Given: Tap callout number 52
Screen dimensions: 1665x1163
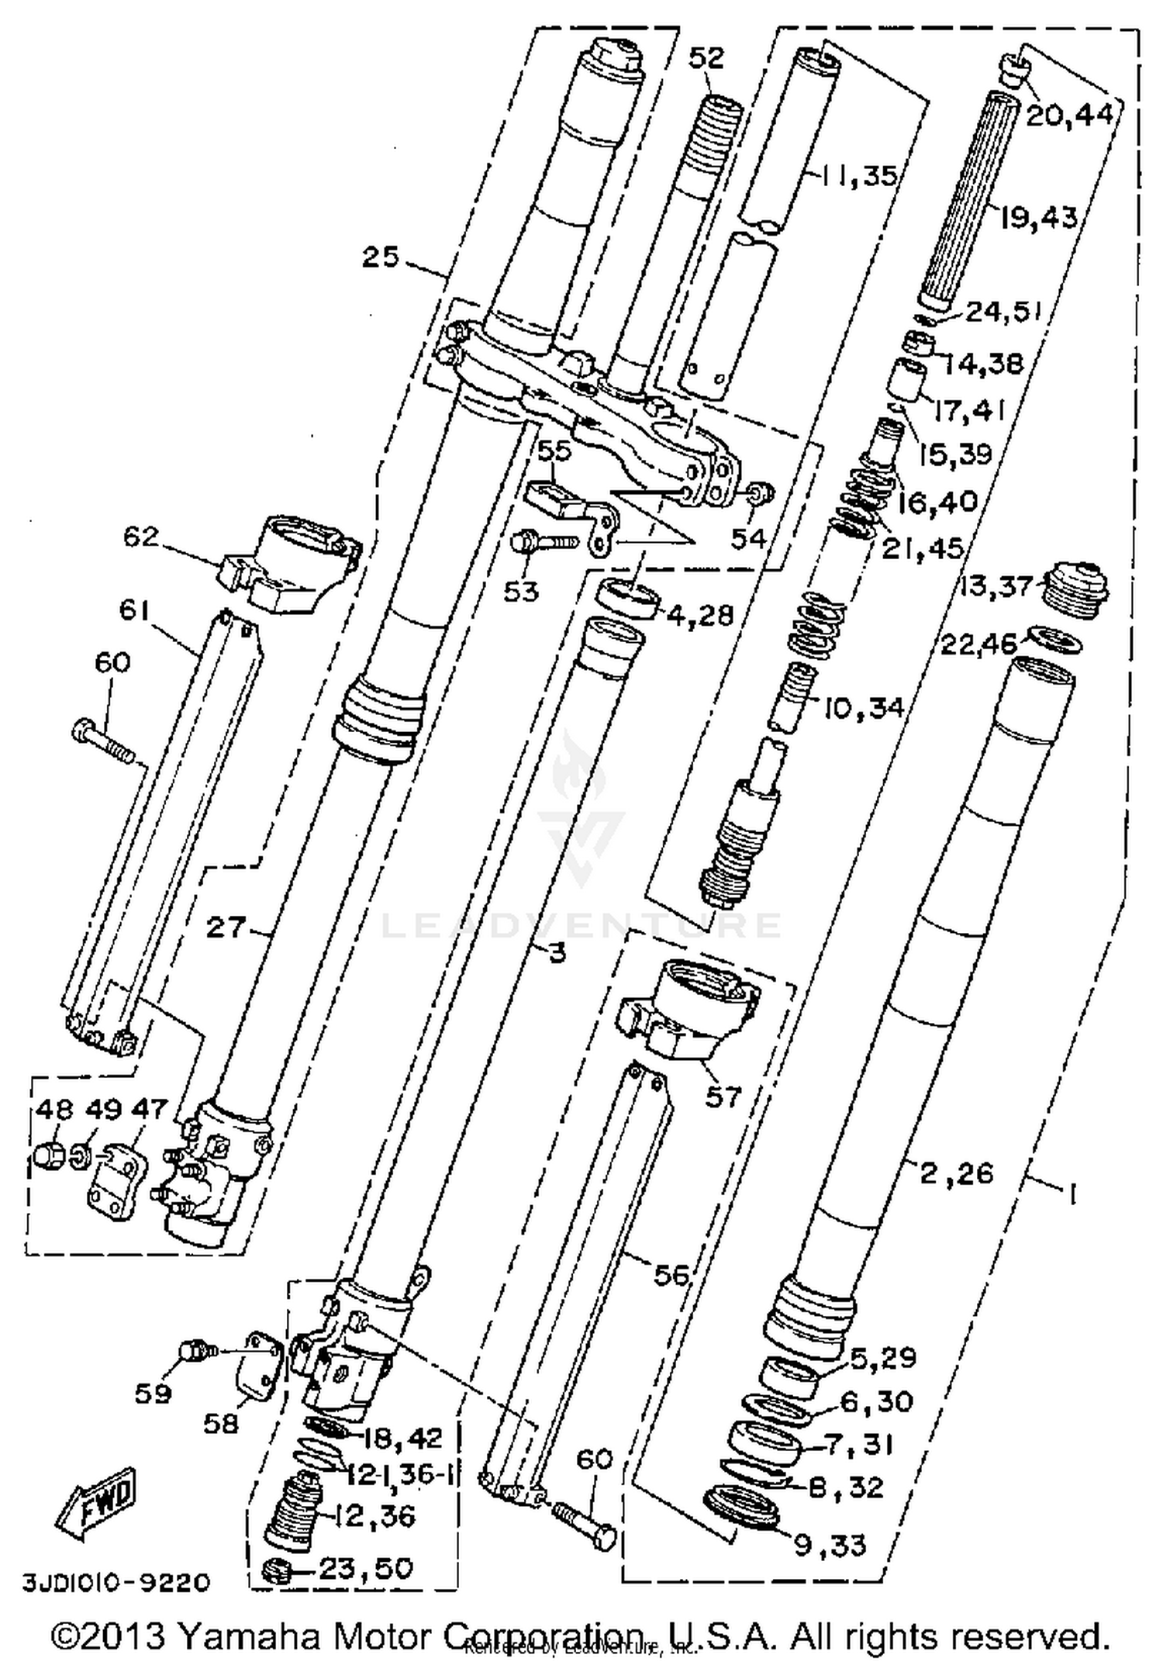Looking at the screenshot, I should (706, 58).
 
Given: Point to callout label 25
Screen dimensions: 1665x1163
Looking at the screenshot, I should (381, 257).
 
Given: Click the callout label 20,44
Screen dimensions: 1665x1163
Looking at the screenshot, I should (1070, 116).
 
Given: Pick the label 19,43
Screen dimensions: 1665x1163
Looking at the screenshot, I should (1039, 218).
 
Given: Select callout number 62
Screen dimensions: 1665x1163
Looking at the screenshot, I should (140, 536).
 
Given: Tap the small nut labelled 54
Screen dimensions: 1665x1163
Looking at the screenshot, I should (758, 493).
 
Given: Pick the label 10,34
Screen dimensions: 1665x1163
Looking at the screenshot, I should (862, 707).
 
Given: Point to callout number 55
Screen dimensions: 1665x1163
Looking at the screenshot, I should (554, 451).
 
